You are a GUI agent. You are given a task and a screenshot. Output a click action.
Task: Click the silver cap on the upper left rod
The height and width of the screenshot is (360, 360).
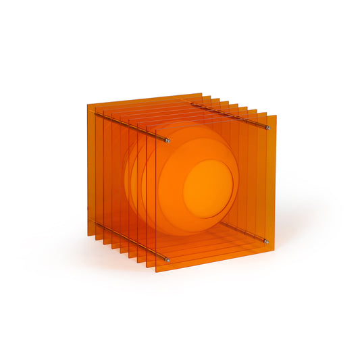tap(168, 140)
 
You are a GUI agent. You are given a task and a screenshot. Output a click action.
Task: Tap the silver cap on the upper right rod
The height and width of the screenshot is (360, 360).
tap(268, 128)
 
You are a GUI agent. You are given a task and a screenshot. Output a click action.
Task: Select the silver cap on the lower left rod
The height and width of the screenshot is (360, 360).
tap(168, 260)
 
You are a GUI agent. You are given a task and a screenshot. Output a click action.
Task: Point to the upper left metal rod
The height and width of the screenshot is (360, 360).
tap(132, 128)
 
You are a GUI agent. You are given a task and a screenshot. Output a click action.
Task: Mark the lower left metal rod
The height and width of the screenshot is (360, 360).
tap(132, 242)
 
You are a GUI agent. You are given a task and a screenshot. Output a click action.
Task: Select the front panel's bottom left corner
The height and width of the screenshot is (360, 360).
tap(156, 272)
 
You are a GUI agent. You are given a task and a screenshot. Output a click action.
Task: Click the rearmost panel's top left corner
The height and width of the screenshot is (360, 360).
tap(88, 103)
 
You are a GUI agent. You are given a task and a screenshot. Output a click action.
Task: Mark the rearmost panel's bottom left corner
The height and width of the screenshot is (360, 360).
tap(88, 235)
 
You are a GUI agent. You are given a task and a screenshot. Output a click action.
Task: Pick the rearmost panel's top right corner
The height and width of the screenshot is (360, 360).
tap(201, 93)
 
